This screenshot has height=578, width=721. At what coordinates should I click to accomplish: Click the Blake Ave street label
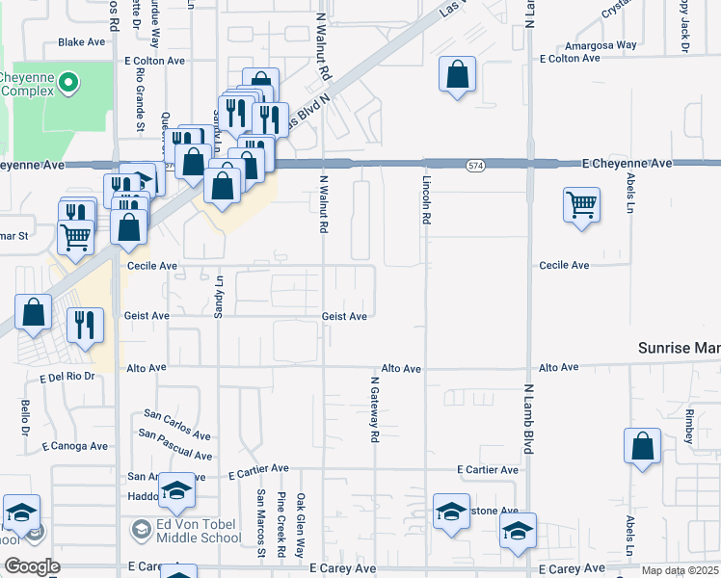point(81,42)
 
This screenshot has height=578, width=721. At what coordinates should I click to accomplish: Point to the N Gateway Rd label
point(374,409)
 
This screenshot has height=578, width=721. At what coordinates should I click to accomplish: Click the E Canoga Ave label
point(75,446)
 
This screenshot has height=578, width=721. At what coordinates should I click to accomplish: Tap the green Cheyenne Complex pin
point(67,84)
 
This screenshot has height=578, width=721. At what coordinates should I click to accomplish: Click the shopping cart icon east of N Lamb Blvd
point(581,205)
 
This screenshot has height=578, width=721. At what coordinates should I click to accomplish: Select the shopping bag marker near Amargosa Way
point(457,74)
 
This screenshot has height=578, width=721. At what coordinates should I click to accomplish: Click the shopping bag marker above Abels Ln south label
point(641,446)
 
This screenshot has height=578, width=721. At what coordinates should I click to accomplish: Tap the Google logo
point(31,566)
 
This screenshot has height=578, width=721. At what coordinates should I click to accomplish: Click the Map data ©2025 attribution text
point(681,570)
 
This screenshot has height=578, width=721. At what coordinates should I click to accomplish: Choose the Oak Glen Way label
point(301,525)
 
